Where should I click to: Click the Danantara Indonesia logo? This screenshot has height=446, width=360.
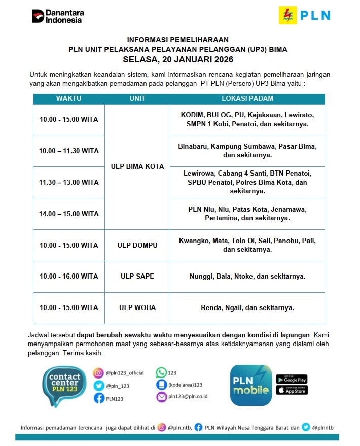pos(58,16)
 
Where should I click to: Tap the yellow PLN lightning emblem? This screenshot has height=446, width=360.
pos(287,15)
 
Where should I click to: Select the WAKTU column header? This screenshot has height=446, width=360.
pos(69,98)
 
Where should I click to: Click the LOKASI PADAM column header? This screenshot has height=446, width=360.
pos(247,98)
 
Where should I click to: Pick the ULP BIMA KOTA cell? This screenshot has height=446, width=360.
pos(137,166)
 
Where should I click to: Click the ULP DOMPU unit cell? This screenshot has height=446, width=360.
pos(137,245)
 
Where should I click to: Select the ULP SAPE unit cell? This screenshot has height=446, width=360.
pos(137,276)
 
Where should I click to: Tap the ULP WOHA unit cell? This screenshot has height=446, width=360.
pos(137,307)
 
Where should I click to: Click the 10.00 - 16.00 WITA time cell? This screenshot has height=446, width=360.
pos(69,276)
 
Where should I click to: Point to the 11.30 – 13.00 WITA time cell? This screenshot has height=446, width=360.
pos(69,182)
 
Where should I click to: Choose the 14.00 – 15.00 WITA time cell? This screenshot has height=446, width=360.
pos(69,214)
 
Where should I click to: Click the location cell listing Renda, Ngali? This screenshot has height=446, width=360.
pos(247,307)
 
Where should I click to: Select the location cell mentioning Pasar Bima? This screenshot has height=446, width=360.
pos(247,151)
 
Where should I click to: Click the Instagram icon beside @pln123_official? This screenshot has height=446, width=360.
pos(98,373)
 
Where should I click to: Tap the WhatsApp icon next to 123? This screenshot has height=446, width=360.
pos(161,372)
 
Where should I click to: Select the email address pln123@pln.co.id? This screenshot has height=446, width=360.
pos(188,397)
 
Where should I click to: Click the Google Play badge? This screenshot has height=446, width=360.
pos(292,379)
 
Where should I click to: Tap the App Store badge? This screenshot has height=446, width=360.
pos(292,390)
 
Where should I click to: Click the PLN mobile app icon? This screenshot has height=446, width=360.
pos(250,385)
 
